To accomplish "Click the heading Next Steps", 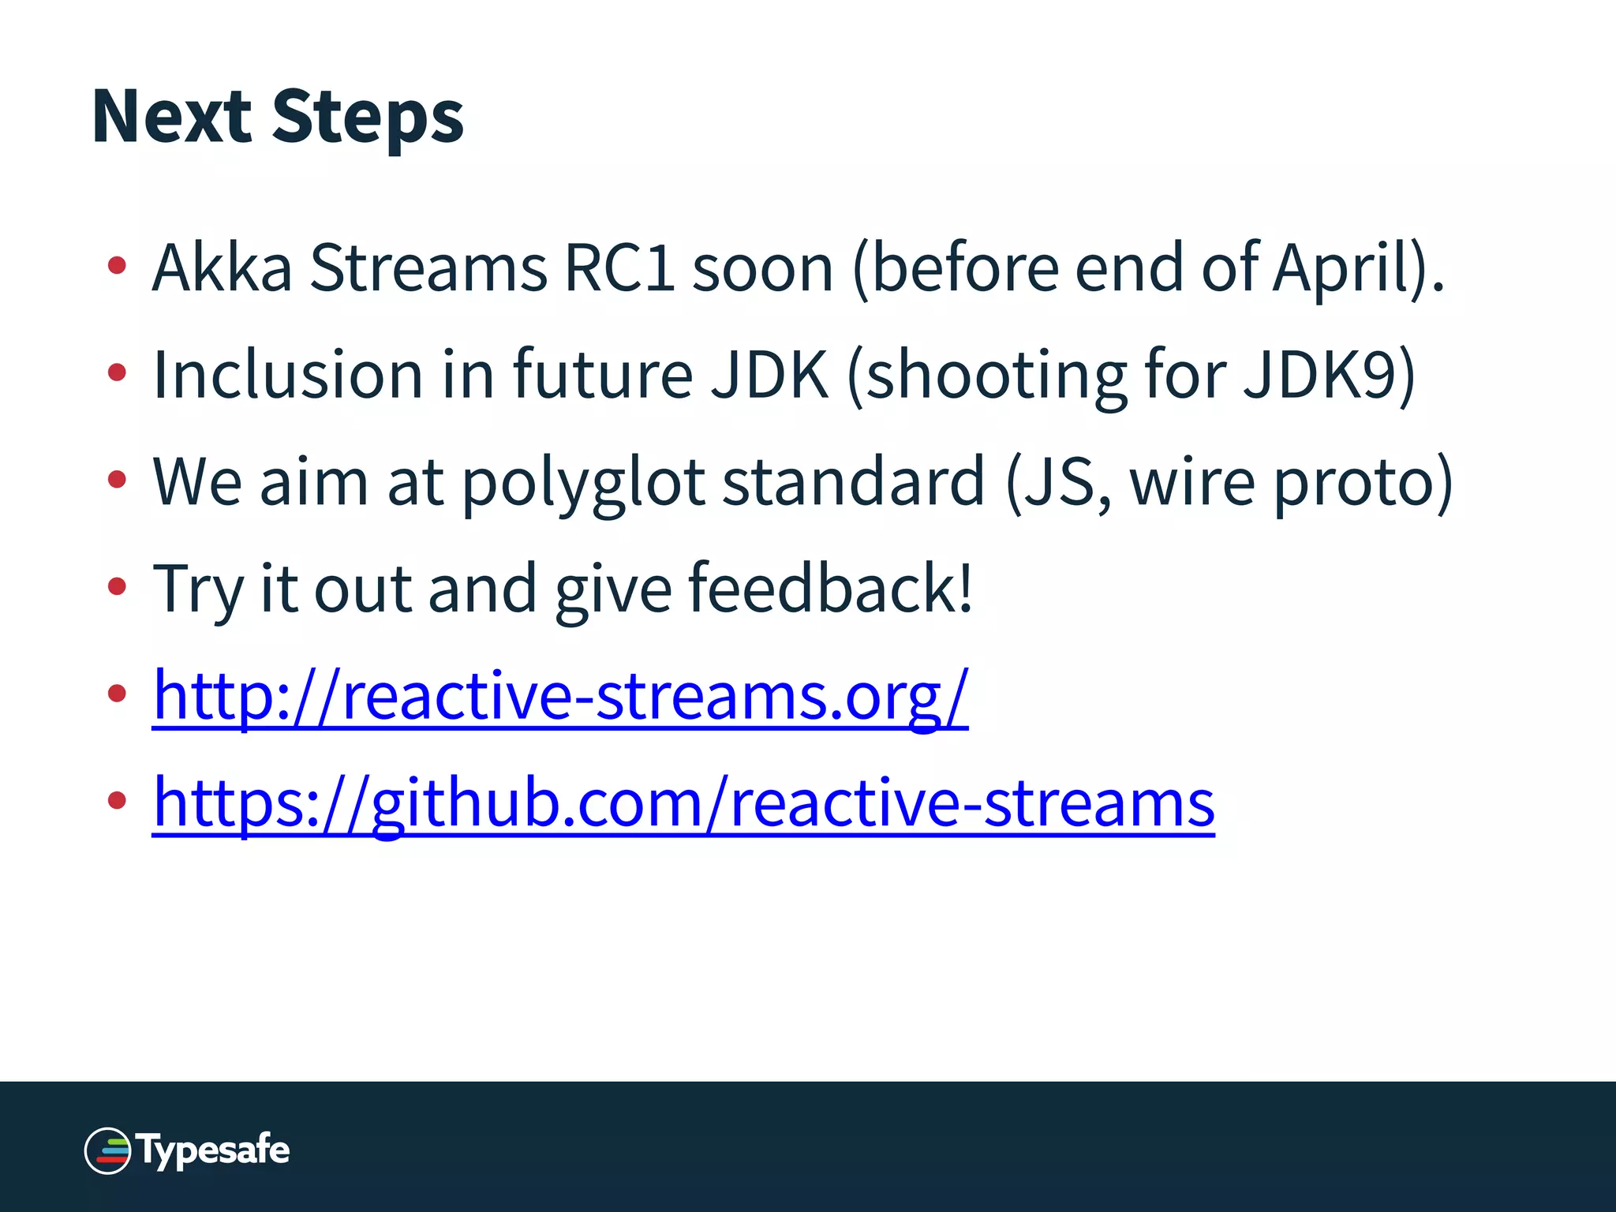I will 278,117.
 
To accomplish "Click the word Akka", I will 222,268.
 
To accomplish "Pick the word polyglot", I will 582,483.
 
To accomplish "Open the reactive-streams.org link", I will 560,696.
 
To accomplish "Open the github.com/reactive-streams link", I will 683,803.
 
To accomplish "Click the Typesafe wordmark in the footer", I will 215,1150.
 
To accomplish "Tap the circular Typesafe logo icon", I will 107,1150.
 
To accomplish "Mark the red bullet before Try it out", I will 117,586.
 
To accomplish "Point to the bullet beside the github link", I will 117,801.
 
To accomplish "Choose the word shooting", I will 997,376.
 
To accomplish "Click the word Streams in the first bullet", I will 428,268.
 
